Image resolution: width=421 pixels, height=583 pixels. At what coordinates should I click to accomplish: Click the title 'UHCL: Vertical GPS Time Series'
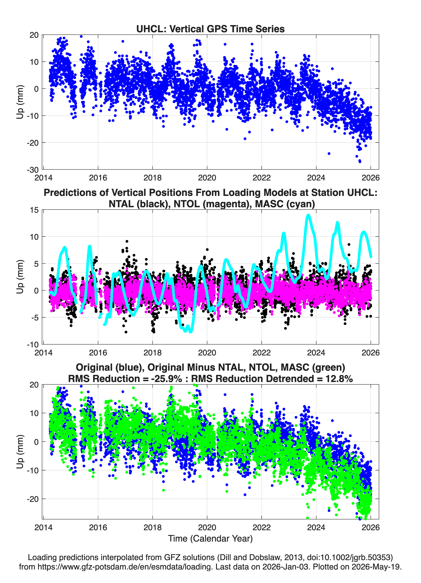pyautogui.click(x=210, y=29)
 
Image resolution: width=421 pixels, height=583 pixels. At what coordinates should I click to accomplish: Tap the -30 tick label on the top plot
pyautogui.click(x=33, y=170)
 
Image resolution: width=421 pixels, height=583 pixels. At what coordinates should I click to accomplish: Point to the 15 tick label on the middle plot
pyautogui.click(x=34, y=210)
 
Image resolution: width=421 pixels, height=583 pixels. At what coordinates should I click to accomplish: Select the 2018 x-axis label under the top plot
pyautogui.click(x=152, y=178)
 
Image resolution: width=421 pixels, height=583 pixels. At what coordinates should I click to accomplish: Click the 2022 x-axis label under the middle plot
pyautogui.click(x=262, y=352)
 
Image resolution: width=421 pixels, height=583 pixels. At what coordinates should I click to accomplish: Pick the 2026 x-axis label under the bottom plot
pyautogui.click(x=371, y=527)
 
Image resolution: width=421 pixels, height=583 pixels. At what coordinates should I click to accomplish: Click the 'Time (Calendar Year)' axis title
pyautogui.click(x=210, y=539)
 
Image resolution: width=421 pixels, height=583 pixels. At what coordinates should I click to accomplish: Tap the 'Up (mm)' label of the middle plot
pyautogui.click(x=20, y=277)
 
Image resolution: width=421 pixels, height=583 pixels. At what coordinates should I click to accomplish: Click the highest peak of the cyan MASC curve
pyautogui.click(x=308, y=215)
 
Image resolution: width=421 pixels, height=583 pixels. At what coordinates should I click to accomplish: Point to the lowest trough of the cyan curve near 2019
pyautogui.click(x=190, y=332)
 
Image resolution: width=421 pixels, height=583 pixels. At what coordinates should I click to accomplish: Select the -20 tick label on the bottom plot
pyautogui.click(x=33, y=499)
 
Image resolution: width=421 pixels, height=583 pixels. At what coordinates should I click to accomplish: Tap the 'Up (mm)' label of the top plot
pyautogui.click(x=20, y=102)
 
